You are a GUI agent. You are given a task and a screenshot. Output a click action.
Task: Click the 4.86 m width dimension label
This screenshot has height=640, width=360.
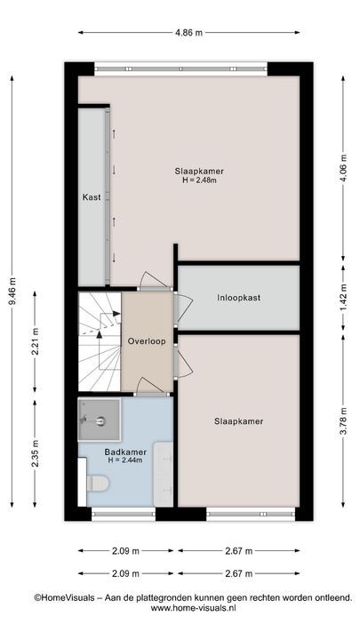pos(189,33)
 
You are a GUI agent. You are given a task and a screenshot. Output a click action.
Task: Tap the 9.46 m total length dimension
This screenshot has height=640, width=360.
pos(12,291)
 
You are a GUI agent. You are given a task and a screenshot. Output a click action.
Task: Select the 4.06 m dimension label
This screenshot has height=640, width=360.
pos(343,168)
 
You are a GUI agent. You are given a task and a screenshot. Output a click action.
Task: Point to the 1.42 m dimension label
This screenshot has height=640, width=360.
pos(343,297)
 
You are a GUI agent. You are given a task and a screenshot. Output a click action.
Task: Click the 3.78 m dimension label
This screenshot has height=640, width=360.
pos(343,420)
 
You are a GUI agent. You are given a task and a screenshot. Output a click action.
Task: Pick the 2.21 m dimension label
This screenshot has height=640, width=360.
pos(36,340)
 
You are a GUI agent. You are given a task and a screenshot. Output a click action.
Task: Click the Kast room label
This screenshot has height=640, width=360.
pos(92,197)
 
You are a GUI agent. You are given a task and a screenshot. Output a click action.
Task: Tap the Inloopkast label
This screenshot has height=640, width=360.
pos(239,298)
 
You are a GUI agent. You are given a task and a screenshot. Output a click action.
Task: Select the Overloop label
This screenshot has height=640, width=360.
pos(147,341)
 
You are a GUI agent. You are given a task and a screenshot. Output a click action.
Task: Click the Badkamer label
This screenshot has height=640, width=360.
pos(125,452)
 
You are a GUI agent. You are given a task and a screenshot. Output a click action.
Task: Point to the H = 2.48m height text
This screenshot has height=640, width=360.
pos(199,180)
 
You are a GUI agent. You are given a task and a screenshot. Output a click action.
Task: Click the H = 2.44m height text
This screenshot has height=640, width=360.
pos(125,460)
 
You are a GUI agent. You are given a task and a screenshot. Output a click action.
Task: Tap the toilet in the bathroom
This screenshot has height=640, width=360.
pos(97,484)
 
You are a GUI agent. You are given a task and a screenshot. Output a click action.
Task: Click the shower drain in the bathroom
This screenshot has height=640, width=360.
pos(100,420)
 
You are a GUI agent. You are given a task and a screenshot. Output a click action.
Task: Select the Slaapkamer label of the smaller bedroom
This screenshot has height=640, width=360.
pos(239,421)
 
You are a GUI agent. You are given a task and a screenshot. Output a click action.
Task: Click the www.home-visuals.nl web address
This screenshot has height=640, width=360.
pos(194,608)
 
